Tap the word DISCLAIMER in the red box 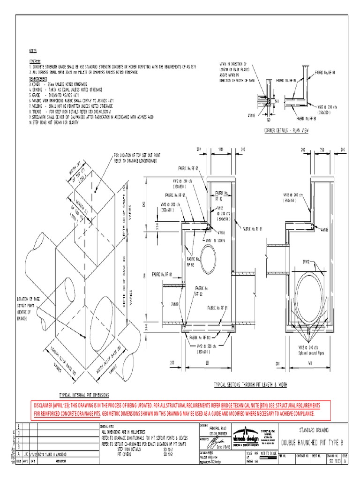pos(48,405)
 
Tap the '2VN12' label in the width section pos(308,262)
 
